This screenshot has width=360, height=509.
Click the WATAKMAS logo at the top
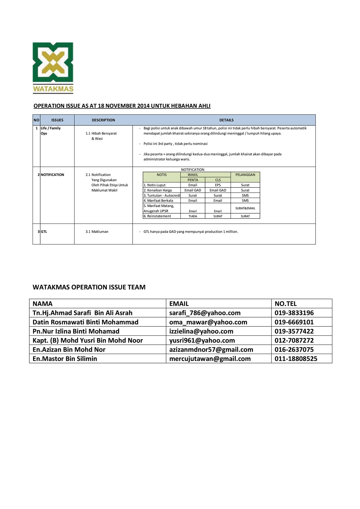click(53, 68)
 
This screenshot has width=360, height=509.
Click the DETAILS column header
click(226, 120)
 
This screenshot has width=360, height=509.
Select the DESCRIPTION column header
click(103, 120)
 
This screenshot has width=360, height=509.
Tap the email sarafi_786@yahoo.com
click(205, 313)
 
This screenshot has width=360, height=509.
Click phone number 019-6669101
click(294, 322)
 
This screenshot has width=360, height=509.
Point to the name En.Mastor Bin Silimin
click(65, 359)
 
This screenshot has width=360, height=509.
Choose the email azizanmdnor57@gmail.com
click(211, 350)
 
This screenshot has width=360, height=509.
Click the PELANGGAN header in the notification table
click(245, 175)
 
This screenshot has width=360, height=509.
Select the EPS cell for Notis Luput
click(218, 185)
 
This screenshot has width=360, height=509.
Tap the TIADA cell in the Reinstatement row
click(193, 216)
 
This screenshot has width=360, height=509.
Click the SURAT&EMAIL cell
click(245, 208)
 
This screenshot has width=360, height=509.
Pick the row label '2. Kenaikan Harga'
click(158, 190)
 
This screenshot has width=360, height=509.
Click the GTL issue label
click(44, 232)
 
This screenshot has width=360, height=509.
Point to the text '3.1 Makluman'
click(97, 232)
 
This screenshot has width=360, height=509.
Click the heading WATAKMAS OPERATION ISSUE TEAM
click(89, 287)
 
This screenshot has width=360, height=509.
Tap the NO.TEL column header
click(286, 304)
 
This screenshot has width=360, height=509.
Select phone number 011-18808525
click(296, 359)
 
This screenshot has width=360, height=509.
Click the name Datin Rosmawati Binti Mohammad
click(85, 322)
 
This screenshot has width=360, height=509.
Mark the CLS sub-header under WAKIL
click(218, 180)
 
